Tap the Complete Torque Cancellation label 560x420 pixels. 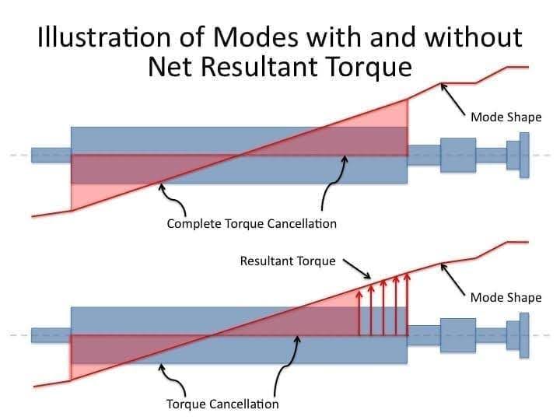click(x=252, y=224)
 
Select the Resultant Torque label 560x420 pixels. click(x=288, y=261)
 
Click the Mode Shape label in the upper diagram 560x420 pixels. click(x=506, y=117)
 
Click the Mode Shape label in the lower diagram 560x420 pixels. click(x=506, y=297)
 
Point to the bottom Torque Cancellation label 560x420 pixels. click(x=222, y=404)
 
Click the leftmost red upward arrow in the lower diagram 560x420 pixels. click(x=359, y=311)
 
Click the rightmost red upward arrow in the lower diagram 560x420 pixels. click(x=408, y=303)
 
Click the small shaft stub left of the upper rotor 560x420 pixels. click(x=51, y=155)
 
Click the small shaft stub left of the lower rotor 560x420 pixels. click(x=51, y=335)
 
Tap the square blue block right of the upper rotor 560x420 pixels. click(x=457, y=155)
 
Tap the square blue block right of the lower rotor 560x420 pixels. click(x=457, y=335)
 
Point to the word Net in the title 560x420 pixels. click(x=171, y=67)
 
